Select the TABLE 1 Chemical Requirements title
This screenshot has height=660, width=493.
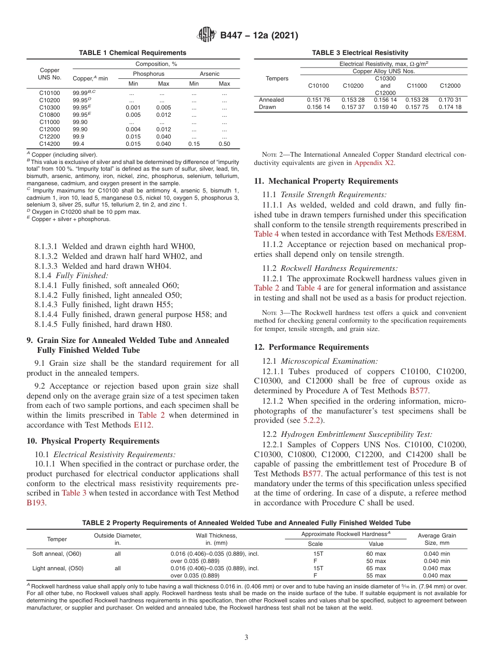132,53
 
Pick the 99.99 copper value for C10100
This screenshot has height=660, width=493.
81,93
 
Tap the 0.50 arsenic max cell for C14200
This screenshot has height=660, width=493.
224,144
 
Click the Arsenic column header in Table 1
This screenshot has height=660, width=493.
209,74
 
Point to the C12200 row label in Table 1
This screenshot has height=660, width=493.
49,136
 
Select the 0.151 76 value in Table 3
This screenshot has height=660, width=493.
319,100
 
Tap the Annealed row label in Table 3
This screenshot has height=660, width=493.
271,100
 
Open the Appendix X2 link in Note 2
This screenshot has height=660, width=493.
374,162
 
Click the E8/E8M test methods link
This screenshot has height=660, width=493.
450,234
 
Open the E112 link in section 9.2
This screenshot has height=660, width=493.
143,424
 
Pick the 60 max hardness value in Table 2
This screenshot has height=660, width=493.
376,554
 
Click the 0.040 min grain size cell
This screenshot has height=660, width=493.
436,554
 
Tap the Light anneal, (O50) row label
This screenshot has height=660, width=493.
57,568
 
